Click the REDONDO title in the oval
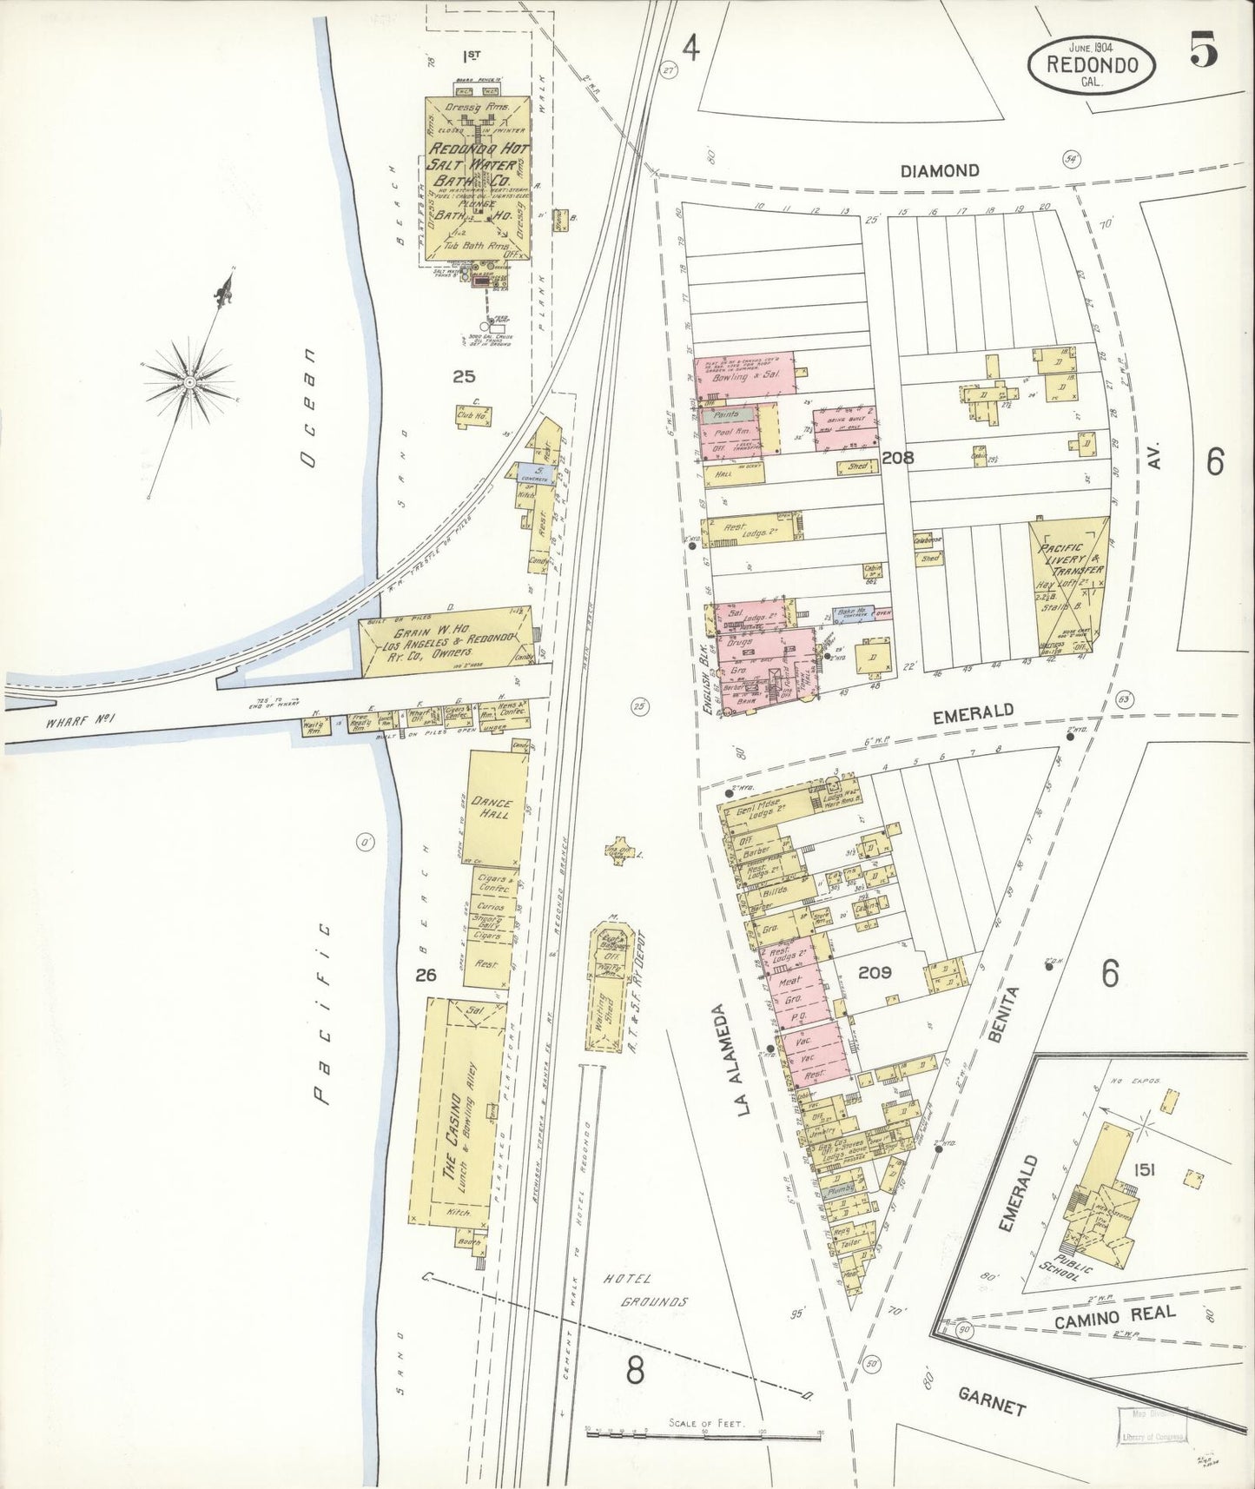point(1092,63)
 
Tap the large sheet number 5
point(1203,51)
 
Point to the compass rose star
point(189,381)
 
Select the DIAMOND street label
point(940,171)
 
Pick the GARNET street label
point(993,1403)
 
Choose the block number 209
point(875,973)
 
